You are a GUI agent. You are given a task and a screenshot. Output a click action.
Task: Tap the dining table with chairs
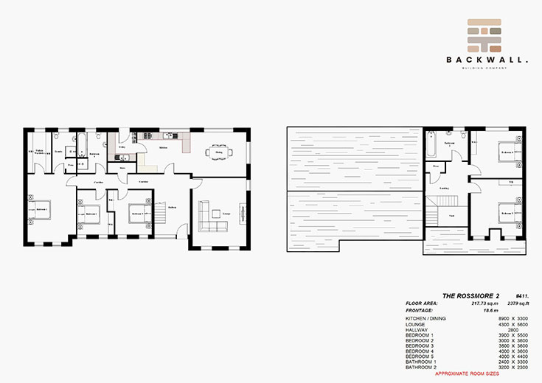[x=219, y=153]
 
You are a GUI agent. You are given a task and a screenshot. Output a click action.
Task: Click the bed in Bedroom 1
[x=41, y=210]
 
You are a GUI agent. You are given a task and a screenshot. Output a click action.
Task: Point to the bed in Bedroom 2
[x=89, y=214]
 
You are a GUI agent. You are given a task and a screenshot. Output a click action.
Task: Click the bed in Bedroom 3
[x=138, y=214]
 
